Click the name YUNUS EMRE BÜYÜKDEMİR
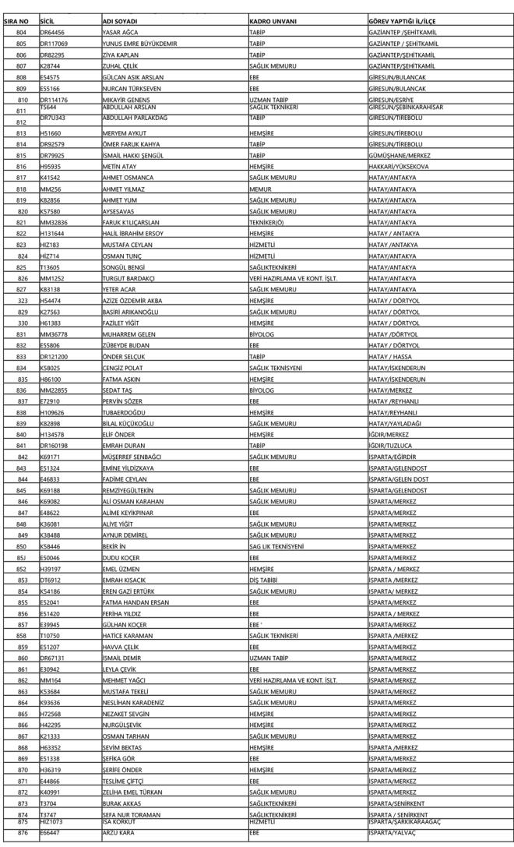pyautogui.click(x=139, y=44)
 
